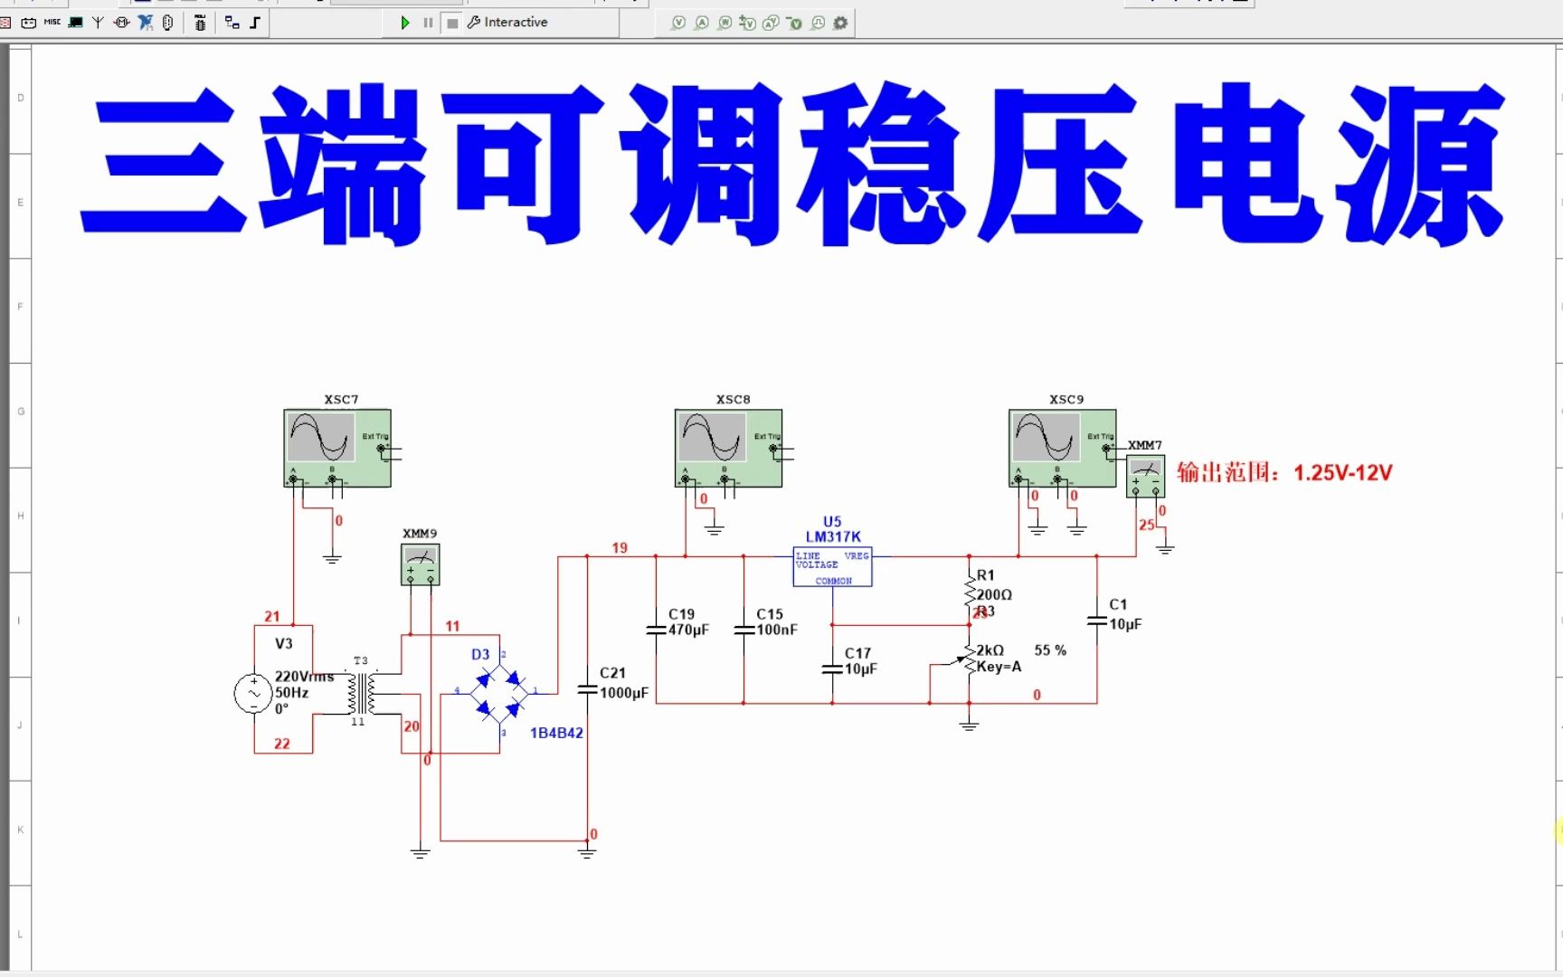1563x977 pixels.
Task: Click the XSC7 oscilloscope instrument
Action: [336, 447]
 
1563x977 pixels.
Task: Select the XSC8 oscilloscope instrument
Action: [728, 447]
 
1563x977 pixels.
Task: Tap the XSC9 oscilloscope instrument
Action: [1062, 447]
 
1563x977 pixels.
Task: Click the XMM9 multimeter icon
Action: [420, 564]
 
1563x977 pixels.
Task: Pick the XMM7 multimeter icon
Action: [1145, 476]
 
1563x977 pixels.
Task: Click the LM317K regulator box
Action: [832, 567]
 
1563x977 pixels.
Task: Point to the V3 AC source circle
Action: [253, 694]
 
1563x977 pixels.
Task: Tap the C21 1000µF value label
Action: [624, 693]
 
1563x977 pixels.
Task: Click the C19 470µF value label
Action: [688, 630]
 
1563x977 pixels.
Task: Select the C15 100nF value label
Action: [777, 630]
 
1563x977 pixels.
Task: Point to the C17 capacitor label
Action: [857, 652]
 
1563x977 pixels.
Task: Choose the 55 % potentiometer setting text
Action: [1050, 650]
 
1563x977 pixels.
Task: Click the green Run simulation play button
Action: [405, 23]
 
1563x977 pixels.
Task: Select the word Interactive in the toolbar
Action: [516, 23]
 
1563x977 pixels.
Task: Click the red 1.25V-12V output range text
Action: [1342, 472]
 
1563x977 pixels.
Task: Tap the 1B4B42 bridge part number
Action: [556, 733]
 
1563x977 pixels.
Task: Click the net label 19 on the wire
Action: [620, 547]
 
